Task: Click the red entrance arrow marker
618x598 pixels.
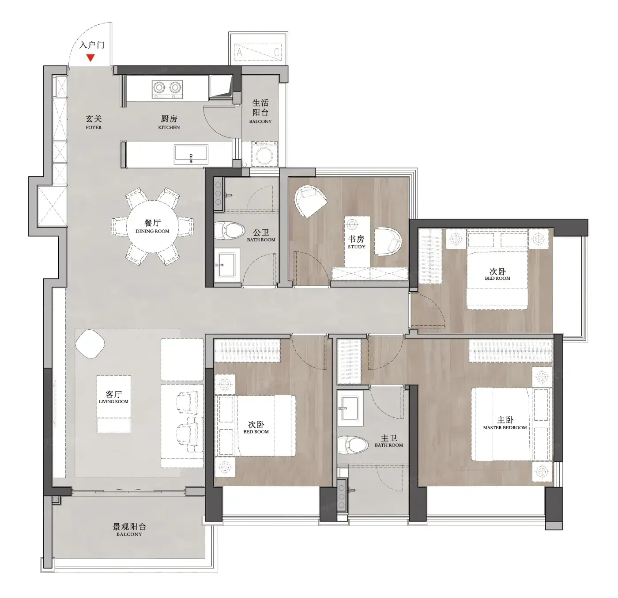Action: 91,58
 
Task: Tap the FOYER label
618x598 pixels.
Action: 94,127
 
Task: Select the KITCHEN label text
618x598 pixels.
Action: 169,127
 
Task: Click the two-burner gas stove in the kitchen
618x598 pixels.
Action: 167,89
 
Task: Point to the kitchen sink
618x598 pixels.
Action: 191,155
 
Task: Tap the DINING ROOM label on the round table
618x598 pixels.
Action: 152,232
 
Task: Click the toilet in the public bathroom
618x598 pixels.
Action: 229,230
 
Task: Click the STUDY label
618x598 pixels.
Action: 357,247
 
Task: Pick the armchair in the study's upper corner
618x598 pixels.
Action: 310,201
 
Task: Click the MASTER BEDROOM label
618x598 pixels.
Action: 505,428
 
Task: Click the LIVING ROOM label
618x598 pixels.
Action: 114,402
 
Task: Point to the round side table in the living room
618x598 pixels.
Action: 90,344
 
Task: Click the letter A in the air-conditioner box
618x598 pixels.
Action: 239,52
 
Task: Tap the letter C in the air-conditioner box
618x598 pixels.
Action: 277,52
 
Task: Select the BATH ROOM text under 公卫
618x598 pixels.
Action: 261,240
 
